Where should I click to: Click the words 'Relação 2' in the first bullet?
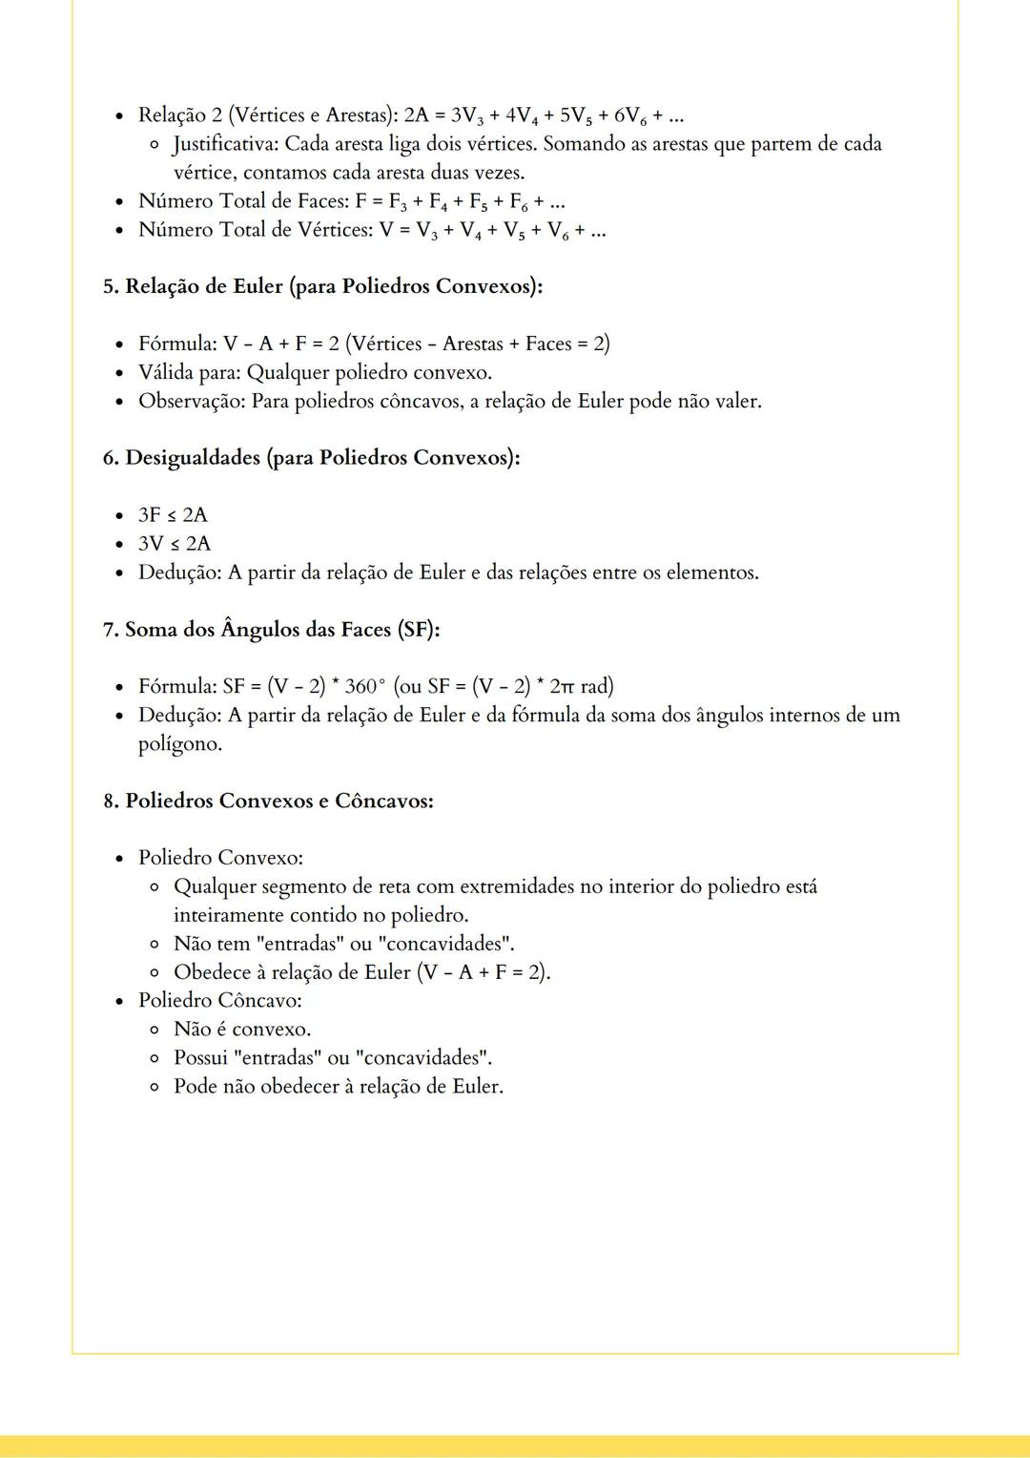tap(179, 115)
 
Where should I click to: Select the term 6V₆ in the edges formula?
tap(630, 116)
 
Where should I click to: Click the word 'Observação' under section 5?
tap(191, 401)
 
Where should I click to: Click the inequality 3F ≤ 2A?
tap(173, 515)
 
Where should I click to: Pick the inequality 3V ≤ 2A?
tap(175, 544)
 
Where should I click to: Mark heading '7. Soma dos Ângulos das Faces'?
tap(271, 630)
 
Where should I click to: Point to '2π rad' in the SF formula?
tap(581, 686)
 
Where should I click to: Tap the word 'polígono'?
tap(179, 744)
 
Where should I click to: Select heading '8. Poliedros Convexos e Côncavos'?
tap(268, 801)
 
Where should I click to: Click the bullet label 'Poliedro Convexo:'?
tap(220, 858)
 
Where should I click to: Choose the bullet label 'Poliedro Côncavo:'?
tap(219, 1001)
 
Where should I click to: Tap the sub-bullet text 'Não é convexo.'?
tap(242, 1030)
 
